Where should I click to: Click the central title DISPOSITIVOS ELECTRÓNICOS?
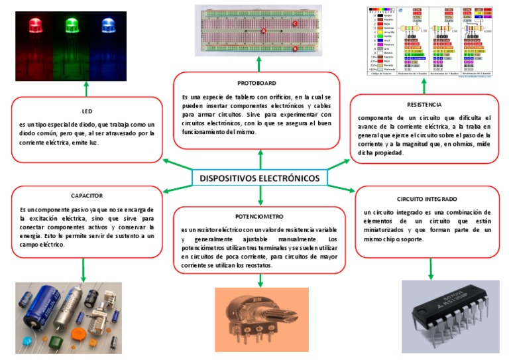click(259, 178)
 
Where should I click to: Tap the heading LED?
click(86, 111)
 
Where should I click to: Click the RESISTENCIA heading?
click(424, 104)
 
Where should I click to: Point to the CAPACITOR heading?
click(86, 196)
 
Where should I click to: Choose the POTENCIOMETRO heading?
click(259, 216)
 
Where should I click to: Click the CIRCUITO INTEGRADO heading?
click(427, 199)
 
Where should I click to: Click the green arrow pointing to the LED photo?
click(86, 89)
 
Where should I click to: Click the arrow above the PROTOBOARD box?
click(260, 66)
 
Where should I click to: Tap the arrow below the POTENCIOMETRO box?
click(260, 280)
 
